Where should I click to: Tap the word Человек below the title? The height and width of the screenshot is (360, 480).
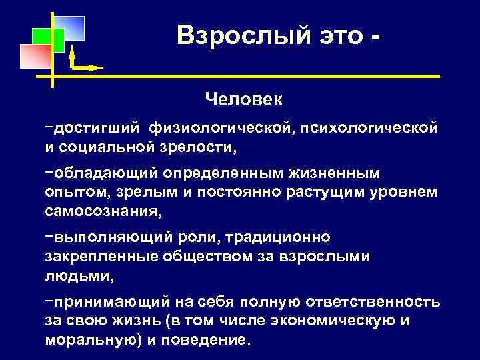click(244, 99)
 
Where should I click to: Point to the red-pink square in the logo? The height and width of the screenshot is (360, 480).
click(35, 57)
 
